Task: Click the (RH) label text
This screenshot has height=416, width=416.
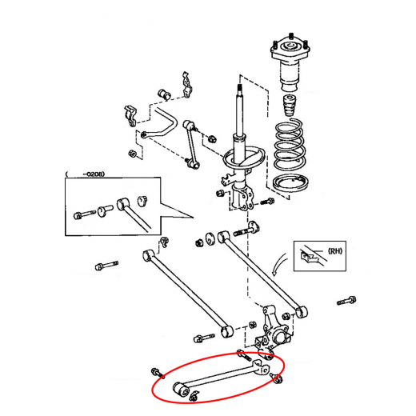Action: click(x=334, y=251)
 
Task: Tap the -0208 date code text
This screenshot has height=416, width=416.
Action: click(x=94, y=174)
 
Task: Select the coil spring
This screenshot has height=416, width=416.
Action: click(x=290, y=146)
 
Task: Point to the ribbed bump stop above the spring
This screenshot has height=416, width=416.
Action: click(x=290, y=106)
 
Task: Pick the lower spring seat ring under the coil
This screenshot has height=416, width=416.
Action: click(x=291, y=183)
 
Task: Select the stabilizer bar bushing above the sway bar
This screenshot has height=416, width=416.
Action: click(x=165, y=94)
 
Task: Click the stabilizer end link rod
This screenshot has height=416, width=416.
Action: click(x=191, y=145)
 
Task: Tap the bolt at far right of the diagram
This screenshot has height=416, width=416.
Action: click(x=346, y=301)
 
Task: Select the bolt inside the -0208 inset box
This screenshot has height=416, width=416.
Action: click(x=84, y=214)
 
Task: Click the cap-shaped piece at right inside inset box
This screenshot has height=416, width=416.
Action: click(x=143, y=201)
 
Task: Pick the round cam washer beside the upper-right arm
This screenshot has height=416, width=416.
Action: click(x=210, y=239)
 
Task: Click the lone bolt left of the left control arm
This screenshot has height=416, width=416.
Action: click(x=106, y=266)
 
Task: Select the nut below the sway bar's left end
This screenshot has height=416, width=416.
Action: click(x=132, y=154)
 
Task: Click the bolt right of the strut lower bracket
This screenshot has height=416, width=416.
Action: click(x=266, y=201)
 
